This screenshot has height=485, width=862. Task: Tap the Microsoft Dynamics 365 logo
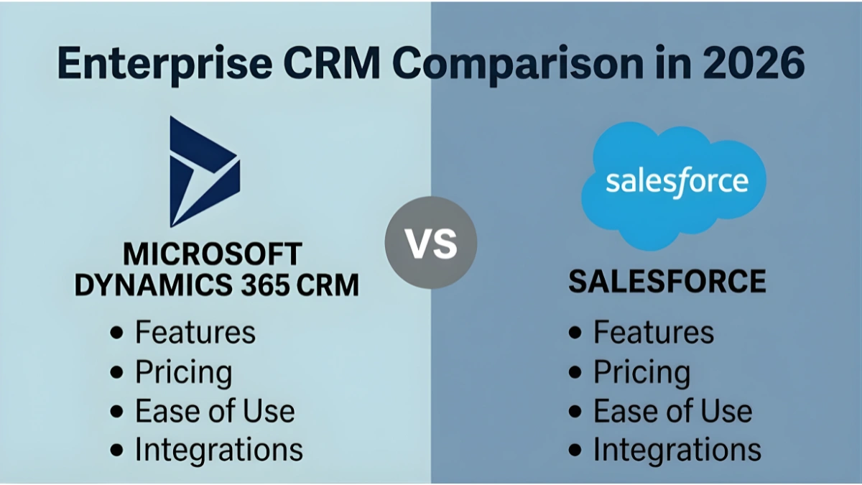(202, 172)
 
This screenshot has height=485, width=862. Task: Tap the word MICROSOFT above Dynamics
(213, 254)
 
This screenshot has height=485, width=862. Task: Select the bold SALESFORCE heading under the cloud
(667, 282)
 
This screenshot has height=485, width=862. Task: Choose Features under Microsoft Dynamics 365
(195, 333)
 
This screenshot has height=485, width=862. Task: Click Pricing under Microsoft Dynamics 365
(184, 373)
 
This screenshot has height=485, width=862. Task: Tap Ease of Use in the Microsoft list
(215, 412)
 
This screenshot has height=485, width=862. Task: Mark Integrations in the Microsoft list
(219, 450)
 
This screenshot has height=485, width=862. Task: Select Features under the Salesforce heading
(654, 333)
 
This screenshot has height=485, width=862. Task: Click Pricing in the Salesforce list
(641, 373)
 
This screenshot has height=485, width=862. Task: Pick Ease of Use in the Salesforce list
(672, 412)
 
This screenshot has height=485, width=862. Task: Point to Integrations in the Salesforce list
(677, 450)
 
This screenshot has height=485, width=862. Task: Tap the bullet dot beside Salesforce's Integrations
(575, 451)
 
